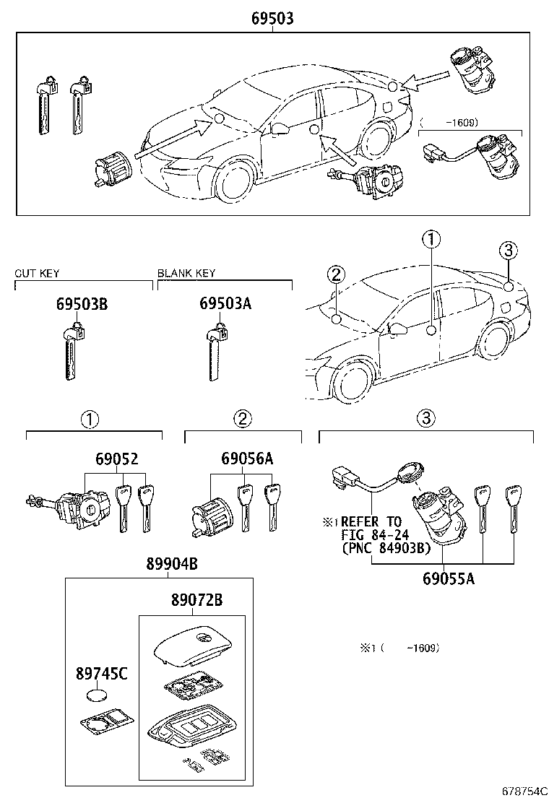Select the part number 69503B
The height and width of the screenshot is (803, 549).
point(82,304)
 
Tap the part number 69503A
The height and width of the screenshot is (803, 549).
point(225,304)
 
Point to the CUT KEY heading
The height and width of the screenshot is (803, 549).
point(38,274)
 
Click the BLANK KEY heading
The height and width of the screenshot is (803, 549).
point(186,274)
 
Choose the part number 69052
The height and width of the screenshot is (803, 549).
point(116,459)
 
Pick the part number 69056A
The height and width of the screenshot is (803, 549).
point(247,459)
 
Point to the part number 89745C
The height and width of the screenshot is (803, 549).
point(102,674)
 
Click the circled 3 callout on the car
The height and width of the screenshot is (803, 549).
point(509,251)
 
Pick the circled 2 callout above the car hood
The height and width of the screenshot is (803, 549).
point(336,274)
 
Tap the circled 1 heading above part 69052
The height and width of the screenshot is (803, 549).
point(88,419)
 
